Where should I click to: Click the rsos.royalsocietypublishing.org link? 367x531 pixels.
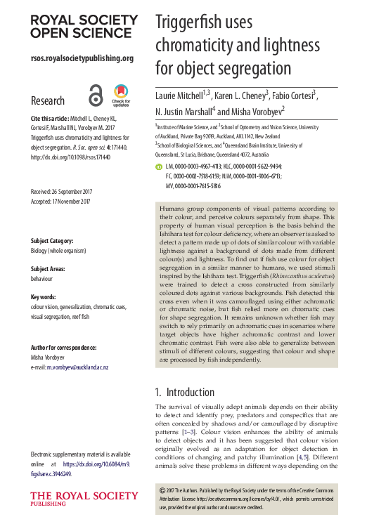[82, 58]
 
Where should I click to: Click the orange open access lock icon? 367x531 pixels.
[96, 94]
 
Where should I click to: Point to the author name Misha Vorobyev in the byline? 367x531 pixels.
[265, 111]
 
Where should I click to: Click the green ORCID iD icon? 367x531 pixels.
[159, 166]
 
